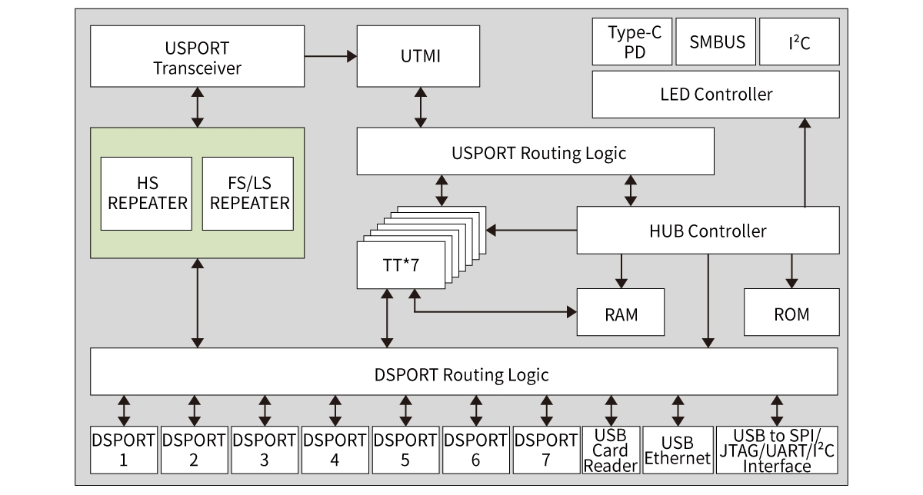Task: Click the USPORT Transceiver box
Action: pos(197,56)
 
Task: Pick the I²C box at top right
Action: pos(799,42)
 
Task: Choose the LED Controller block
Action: pos(716,95)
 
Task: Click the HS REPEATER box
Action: pos(146,193)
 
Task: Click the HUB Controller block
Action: pos(708,231)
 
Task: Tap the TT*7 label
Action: pos(401,266)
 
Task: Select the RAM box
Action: pos(621,314)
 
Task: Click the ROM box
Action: pos(791,314)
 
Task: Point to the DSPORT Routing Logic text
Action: pos(461,374)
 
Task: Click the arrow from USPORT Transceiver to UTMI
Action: pos(331,56)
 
